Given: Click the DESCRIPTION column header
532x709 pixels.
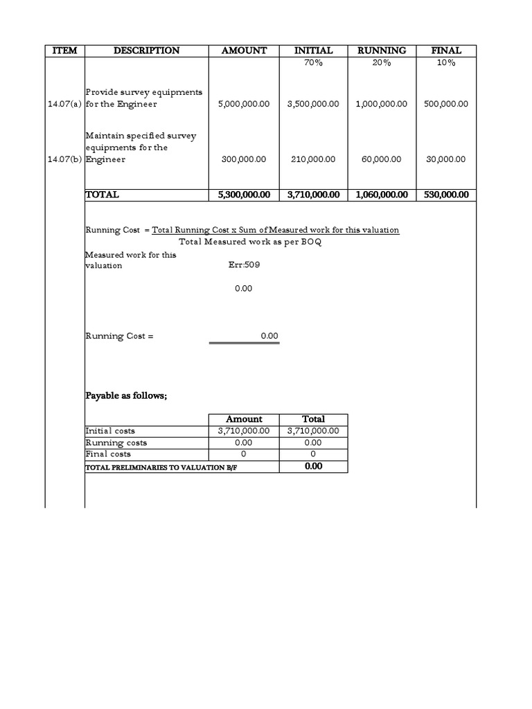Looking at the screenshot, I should point(147,51).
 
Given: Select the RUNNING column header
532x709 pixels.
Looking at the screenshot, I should point(381,51).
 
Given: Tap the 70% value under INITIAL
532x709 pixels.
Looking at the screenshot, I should point(313,63).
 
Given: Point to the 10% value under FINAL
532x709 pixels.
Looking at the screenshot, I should point(445,63).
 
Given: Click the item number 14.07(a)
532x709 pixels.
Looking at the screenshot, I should point(64,104).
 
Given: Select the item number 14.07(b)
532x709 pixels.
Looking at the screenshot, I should point(64,159).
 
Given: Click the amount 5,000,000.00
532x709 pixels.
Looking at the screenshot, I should point(244,104).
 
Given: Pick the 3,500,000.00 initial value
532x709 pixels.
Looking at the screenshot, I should point(313,104).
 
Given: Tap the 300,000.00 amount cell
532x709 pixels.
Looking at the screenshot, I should point(244,159).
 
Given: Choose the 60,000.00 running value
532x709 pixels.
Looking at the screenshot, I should point(381,159).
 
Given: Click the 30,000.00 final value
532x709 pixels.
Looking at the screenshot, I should point(445,159).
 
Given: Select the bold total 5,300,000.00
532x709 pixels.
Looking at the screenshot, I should point(244,195).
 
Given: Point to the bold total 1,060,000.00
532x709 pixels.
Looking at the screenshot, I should point(381,195).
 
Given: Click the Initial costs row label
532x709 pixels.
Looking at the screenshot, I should point(110,431).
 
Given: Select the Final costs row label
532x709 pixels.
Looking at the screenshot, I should point(108,454).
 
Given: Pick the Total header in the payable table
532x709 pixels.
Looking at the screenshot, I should point(313,419).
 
